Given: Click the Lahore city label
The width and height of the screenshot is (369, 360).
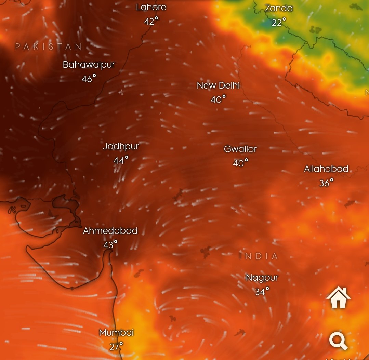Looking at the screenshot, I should [x=151, y=7].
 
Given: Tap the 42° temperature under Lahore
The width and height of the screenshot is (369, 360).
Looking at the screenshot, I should [x=151, y=21].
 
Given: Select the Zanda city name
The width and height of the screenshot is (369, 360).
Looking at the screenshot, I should [x=279, y=8].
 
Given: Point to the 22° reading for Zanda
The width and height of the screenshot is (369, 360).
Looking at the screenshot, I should [x=278, y=22].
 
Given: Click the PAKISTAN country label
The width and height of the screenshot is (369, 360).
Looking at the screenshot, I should [x=49, y=46].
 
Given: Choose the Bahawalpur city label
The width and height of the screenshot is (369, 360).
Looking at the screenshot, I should [x=89, y=65].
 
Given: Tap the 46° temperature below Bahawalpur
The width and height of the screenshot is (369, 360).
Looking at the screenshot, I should [x=89, y=79].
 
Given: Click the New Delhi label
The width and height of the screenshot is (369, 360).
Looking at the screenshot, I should [x=218, y=85].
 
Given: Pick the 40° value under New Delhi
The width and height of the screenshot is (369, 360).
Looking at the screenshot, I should [x=218, y=99].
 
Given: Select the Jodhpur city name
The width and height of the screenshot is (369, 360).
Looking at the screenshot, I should [x=121, y=146].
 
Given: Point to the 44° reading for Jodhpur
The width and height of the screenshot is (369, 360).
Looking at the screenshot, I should [x=121, y=160].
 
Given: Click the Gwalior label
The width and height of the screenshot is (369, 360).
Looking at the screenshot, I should [x=240, y=149].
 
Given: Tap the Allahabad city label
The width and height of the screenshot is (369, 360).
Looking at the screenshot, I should [x=326, y=169].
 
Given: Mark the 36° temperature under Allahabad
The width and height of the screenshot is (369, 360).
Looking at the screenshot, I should [x=326, y=183].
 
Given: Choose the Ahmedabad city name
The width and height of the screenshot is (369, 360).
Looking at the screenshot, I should [x=110, y=231].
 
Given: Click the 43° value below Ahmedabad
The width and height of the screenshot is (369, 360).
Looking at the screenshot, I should [x=110, y=245].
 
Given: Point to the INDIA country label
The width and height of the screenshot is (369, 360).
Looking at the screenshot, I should [x=259, y=256].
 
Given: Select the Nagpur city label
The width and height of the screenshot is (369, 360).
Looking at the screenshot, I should [x=262, y=278].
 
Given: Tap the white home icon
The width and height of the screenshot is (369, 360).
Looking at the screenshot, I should [x=338, y=298].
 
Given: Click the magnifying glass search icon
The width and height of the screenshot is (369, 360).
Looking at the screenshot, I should [x=338, y=341].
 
